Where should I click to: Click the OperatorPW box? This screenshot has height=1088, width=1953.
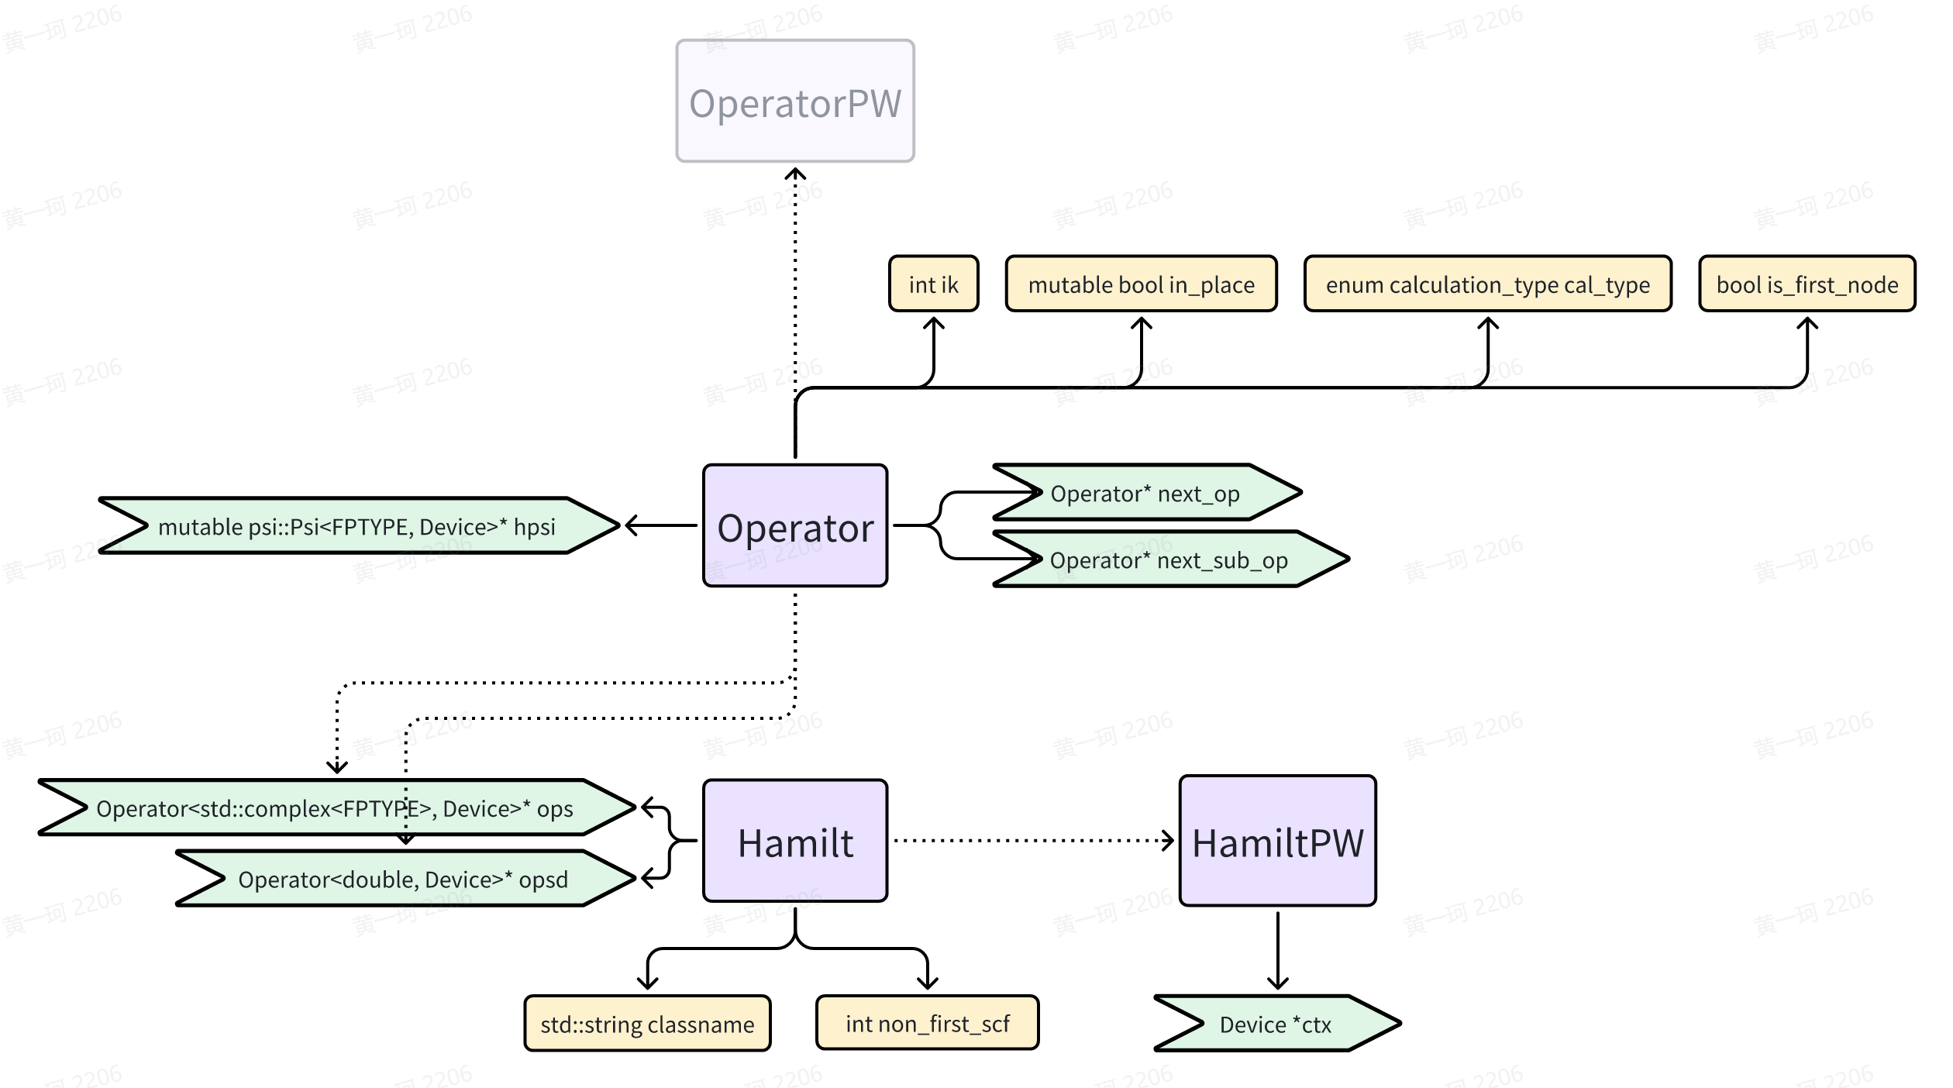click(x=795, y=102)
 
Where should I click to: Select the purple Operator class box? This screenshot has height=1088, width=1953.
click(x=795, y=526)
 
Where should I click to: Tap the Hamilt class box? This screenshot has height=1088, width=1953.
click(x=795, y=842)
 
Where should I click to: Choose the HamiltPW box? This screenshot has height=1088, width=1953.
click(x=1277, y=842)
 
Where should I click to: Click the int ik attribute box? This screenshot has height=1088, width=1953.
click(x=933, y=284)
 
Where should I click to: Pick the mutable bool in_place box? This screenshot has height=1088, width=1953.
click(x=1141, y=284)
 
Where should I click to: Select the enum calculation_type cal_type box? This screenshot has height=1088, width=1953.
click(x=1487, y=284)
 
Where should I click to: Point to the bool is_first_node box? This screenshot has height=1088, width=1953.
click(x=1807, y=284)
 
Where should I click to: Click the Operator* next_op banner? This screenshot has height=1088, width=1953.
click(x=1145, y=493)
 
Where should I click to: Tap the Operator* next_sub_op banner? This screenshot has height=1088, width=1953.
click(x=1169, y=559)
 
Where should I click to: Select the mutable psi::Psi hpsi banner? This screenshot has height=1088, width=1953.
click(x=356, y=526)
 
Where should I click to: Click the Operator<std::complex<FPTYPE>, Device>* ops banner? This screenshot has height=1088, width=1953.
click(x=335, y=808)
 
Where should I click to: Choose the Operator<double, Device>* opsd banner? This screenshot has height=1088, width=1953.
click(x=403, y=879)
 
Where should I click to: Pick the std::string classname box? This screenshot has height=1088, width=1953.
click(x=647, y=1024)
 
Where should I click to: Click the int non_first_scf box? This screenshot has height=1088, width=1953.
click(x=927, y=1024)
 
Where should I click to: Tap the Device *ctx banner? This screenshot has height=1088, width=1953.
click(x=1276, y=1024)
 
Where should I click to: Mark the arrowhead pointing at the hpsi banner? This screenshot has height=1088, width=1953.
click(x=631, y=525)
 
